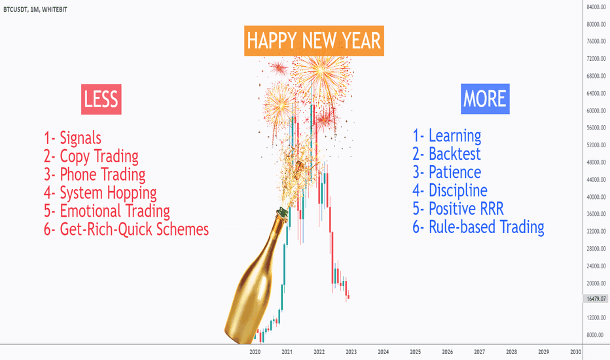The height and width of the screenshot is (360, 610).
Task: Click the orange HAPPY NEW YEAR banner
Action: (x=314, y=41)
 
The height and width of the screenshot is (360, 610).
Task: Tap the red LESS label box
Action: (x=101, y=99)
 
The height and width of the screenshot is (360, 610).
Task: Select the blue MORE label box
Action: (x=485, y=99)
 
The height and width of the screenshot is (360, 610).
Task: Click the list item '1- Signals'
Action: (x=73, y=138)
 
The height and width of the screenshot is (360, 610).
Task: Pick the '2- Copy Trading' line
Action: (x=91, y=156)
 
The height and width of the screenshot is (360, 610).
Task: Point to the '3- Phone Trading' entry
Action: (x=94, y=175)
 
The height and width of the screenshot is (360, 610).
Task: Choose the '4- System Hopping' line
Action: (x=100, y=193)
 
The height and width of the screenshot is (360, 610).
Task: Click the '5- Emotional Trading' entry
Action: (x=107, y=211)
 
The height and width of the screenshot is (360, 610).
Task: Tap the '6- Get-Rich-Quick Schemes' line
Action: (x=126, y=230)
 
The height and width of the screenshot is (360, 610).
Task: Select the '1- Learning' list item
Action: (x=447, y=136)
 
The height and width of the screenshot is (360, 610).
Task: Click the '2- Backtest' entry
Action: (x=446, y=154)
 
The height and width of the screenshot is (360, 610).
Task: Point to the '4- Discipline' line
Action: (x=450, y=190)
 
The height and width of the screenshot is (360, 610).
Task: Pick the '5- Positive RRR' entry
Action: (x=458, y=209)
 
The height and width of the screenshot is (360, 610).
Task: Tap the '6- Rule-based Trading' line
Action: (x=478, y=227)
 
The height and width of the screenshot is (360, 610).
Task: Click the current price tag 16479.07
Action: (x=596, y=299)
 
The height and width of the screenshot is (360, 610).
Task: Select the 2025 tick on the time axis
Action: (x=415, y=352)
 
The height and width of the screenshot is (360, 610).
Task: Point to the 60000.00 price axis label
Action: (x=596, y=111)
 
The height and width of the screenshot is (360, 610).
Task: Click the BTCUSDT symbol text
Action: (x=15, y=9)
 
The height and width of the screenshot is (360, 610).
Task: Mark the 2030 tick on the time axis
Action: (x=576, y=352)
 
